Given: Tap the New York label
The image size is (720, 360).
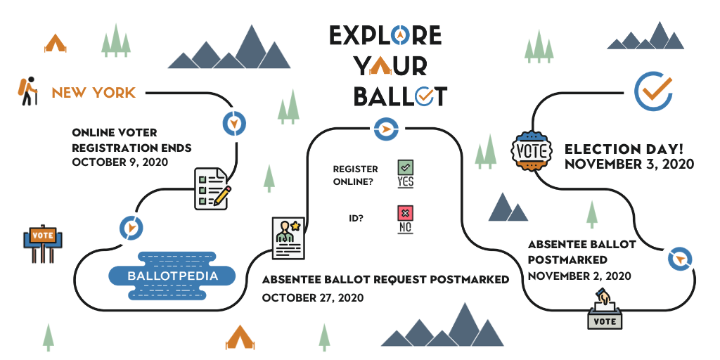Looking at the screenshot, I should tap(94, 93).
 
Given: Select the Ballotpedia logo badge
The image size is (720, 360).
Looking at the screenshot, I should tap(172, 276).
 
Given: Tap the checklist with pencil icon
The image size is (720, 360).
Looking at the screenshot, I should tap(212, 188).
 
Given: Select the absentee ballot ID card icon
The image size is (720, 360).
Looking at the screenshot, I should tap(288, 238).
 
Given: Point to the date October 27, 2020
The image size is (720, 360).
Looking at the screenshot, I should tap(313, 297).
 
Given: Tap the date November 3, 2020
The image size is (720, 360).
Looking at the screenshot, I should tap(629, 165).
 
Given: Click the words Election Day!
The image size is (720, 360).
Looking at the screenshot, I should tap(624, 149).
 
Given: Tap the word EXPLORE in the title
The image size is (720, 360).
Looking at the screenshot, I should tap(385, 36).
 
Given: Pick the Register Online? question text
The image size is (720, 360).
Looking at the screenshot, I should tap(355, 174).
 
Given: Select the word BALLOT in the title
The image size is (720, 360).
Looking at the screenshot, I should tap(399, 96).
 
